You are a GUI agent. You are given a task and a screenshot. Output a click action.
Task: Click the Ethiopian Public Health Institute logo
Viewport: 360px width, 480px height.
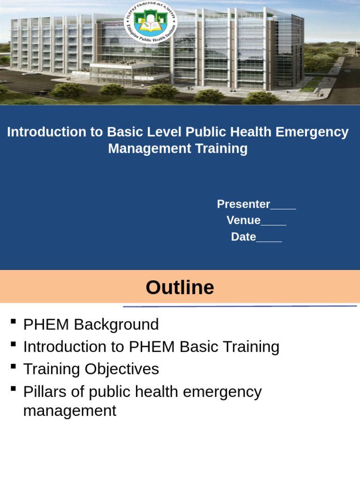click(151, 21)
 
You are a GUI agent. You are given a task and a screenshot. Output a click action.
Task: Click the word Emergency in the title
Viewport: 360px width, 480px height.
click(312, 132)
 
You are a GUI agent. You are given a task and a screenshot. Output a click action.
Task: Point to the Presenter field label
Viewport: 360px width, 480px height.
click(243, 204)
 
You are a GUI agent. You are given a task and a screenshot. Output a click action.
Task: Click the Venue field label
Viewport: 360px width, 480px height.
click(243, 220)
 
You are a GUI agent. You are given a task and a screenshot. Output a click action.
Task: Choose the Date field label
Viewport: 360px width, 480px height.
click(243, 237)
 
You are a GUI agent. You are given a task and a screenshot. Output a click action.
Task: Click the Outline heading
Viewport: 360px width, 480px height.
click(180, 287)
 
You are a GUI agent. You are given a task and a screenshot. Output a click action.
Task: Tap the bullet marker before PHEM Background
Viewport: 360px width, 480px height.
click(13, 322)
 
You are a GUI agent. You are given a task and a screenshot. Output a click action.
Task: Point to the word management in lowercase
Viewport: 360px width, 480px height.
click(69, 411)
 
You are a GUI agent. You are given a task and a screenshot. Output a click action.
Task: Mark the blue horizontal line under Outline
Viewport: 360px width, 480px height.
click(240, 307)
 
